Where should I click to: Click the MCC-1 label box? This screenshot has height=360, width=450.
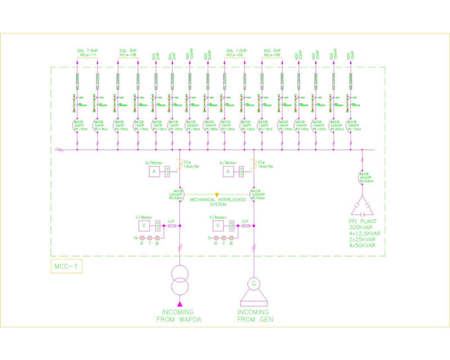click(x=66, y=267)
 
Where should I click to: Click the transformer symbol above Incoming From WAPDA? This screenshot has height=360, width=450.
click(x=180, y=279)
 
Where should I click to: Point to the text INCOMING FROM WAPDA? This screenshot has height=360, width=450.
click(x=179, y=316)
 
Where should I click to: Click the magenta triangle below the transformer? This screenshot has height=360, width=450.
click(x=180, y=302)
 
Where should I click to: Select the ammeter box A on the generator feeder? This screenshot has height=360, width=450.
click(x=228, y=171)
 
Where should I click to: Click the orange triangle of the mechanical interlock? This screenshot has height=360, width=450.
click(x=217, y=195)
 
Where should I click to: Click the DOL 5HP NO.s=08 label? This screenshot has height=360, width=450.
click(x=273, y=52)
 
